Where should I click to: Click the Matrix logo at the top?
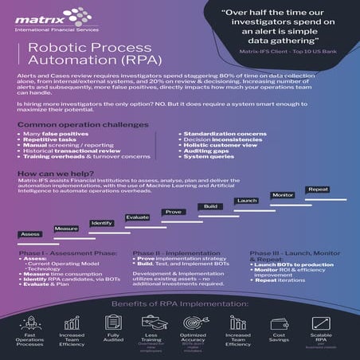point(43,17)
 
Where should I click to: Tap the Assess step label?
point(29,234)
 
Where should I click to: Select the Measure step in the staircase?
point(66,228)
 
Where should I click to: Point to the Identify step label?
point(101,223)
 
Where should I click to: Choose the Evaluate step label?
point(137,217)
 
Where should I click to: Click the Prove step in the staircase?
point(173,212)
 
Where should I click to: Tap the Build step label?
point(210,206)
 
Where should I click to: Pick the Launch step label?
point(246,200)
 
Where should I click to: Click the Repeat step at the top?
point(318,189)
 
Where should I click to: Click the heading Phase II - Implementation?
point(177,252)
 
